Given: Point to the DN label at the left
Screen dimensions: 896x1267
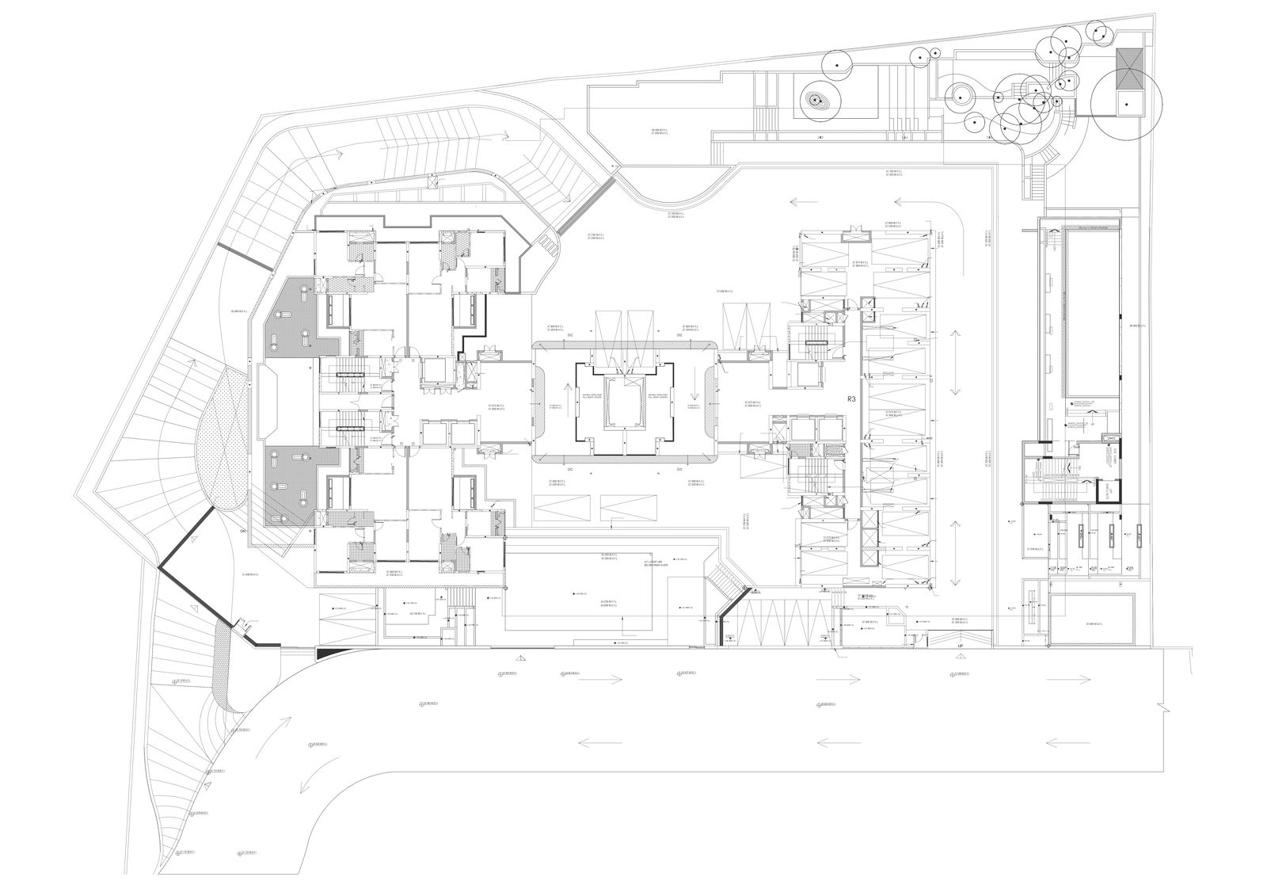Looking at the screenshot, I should tap(243, 532).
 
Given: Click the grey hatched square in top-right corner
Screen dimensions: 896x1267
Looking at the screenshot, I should tap(1128, 62).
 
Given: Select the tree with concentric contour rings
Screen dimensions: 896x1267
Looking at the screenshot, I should tap(816, 101).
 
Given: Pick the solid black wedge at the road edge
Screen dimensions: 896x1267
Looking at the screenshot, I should tap(327, 652).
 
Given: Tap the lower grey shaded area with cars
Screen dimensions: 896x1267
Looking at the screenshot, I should tap(297, 483).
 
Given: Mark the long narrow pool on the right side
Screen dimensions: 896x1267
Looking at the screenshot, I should tap(1094, 313).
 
